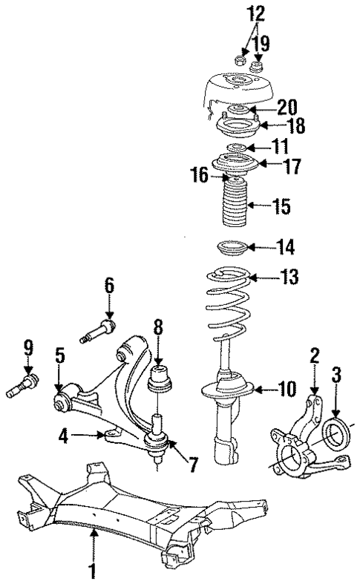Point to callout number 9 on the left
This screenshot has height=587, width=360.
pos(28,347)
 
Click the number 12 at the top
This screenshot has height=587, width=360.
pos(235,14)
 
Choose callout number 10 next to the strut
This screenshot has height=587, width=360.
pos(287,387)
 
